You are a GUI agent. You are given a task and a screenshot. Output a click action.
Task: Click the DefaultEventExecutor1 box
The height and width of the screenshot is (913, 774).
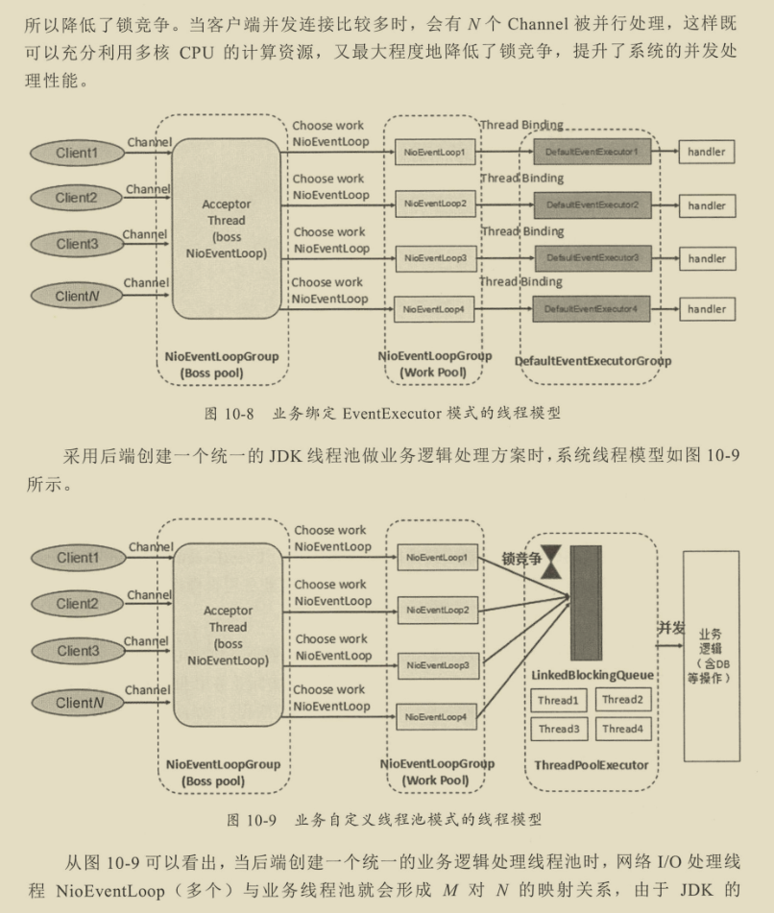coord(592,152)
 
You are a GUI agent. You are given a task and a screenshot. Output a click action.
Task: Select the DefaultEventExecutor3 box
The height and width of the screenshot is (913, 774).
coord(592,258)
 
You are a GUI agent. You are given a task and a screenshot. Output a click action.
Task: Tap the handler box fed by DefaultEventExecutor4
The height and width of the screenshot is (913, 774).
coord(706,309)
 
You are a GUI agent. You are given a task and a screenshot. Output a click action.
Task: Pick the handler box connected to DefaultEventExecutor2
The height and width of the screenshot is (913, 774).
coord(706,205)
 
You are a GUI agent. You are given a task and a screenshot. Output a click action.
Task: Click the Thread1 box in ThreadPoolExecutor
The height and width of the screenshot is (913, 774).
coord(557,701)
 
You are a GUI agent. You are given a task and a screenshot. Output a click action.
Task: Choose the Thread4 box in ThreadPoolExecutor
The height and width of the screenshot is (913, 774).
coord(621,729)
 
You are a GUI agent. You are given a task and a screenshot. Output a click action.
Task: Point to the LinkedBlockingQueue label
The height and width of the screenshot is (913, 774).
coord(593,676)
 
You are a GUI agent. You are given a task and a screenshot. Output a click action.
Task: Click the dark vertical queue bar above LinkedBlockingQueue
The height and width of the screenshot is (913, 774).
coord(586,603)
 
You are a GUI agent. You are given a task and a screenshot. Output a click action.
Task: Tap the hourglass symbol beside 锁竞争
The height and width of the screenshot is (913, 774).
coord(551,567)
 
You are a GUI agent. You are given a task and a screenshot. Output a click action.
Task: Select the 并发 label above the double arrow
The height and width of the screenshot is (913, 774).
coord(670,628)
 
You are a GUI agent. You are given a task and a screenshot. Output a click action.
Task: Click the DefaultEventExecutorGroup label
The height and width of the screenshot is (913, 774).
coord(593,361)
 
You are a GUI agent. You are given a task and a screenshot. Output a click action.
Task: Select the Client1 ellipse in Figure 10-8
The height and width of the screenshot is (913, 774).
coord(77,153)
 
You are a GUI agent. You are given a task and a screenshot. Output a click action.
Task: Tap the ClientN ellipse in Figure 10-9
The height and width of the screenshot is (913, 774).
coord(77,703)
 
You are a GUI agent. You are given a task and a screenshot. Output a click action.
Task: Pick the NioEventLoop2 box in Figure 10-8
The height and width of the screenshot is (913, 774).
coord(435,204)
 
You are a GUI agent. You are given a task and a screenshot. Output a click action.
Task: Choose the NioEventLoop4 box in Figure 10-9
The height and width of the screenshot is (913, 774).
coord(436,716)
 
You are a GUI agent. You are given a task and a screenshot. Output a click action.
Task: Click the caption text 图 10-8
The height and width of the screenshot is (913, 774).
coord(228,414)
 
